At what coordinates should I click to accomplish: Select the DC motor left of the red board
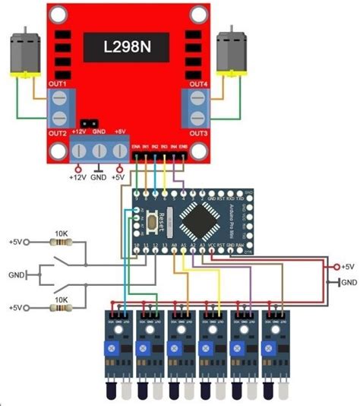pos(24,59)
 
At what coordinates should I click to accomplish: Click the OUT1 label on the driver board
pos(58,83)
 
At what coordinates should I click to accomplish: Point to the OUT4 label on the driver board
pos(198,83)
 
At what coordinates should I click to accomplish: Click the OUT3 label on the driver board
pos(198,133)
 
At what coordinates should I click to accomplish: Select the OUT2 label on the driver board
pos(58,133)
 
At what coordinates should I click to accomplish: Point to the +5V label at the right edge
pos(349,267)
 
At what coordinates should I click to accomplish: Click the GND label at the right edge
pos(349,282)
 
